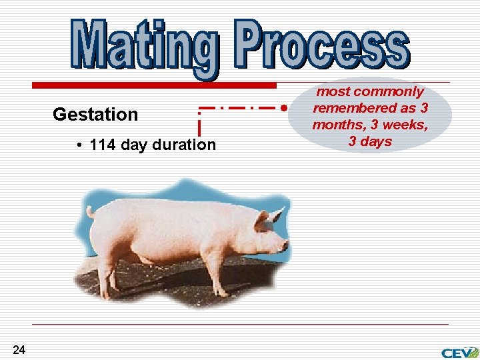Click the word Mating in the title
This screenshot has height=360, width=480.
[x=143, y=45]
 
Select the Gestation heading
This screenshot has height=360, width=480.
[x=95, y=115]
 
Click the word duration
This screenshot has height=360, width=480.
[x=184, y=145]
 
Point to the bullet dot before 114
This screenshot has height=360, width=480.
[x=79, y=145]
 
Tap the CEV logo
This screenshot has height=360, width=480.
[x=459, y=352]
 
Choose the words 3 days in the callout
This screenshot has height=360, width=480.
[x=370, y=141]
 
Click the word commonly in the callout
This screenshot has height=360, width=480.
[x=389, y=91]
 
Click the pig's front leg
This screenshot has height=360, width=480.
[x=217, y=273]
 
